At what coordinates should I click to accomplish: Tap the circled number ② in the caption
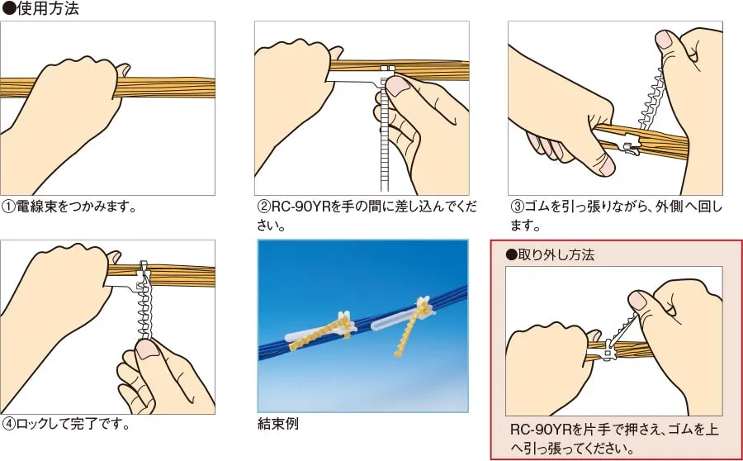(x=264, y=206)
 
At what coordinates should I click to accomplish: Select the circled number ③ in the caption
(x=517, y=206)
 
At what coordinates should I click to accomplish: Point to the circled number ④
(x=9, y=425)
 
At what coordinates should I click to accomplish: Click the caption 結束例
(x=277, y=425)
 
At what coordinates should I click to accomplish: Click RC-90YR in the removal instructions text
(x=542, y=430)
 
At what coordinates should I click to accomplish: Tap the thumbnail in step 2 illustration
(x=400, y=85)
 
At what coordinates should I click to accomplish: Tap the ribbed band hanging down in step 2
(x=382, y=149)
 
